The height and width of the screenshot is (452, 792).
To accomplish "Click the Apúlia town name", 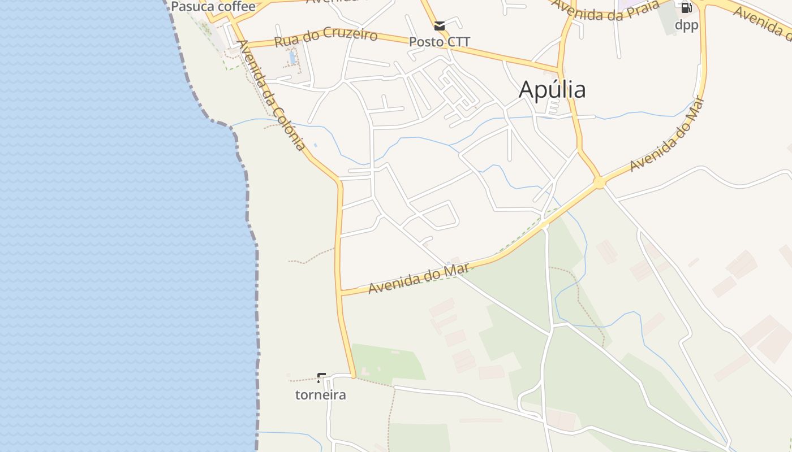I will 552,89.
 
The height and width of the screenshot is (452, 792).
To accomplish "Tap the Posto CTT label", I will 440,42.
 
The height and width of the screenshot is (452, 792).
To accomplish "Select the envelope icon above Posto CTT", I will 440,25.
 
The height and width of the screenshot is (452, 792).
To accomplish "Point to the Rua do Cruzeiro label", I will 325,37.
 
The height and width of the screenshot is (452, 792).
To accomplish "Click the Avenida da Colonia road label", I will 271,95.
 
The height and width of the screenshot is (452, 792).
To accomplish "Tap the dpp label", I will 686,25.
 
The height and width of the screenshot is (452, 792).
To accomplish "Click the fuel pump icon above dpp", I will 686,8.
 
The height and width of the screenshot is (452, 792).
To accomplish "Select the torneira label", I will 320,395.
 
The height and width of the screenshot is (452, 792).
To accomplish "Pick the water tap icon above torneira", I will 321,377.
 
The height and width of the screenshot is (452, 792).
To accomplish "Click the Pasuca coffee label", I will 213,7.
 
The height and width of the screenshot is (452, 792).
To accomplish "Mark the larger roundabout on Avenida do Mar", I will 600,182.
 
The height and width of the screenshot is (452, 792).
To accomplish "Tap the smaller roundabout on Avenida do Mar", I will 544,225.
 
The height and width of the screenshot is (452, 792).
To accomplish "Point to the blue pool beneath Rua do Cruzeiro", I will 292,57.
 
